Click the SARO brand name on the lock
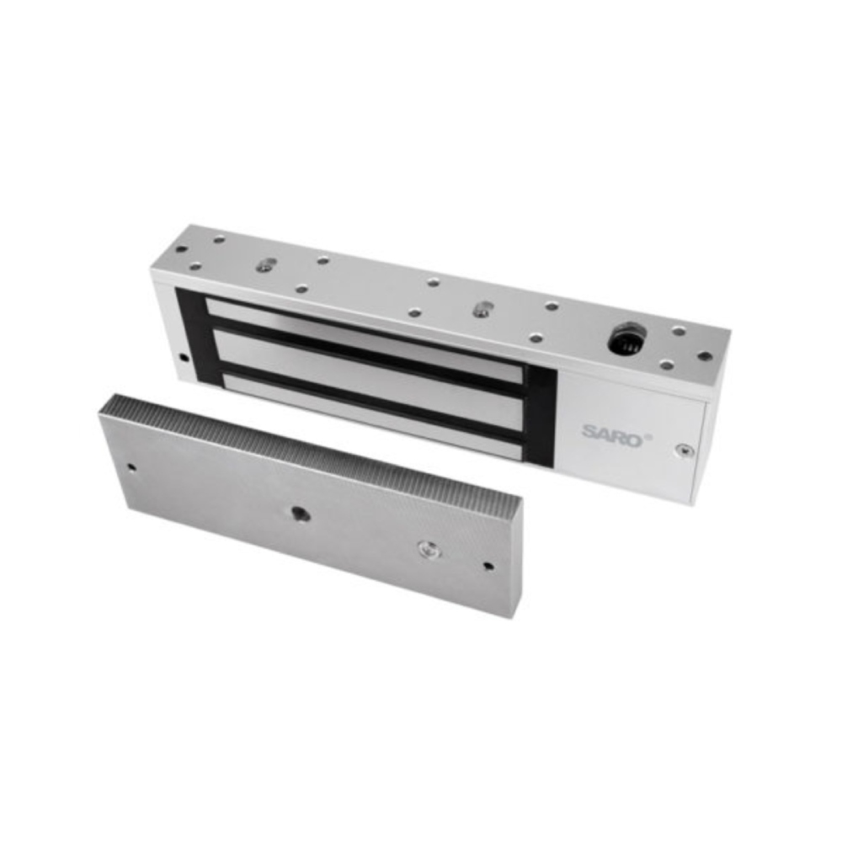coord(613,434)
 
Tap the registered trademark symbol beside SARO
coord(648,436)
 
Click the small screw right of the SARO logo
coord(684,450)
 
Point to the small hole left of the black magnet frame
coord(184,357)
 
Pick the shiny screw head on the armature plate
coord(427,549)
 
